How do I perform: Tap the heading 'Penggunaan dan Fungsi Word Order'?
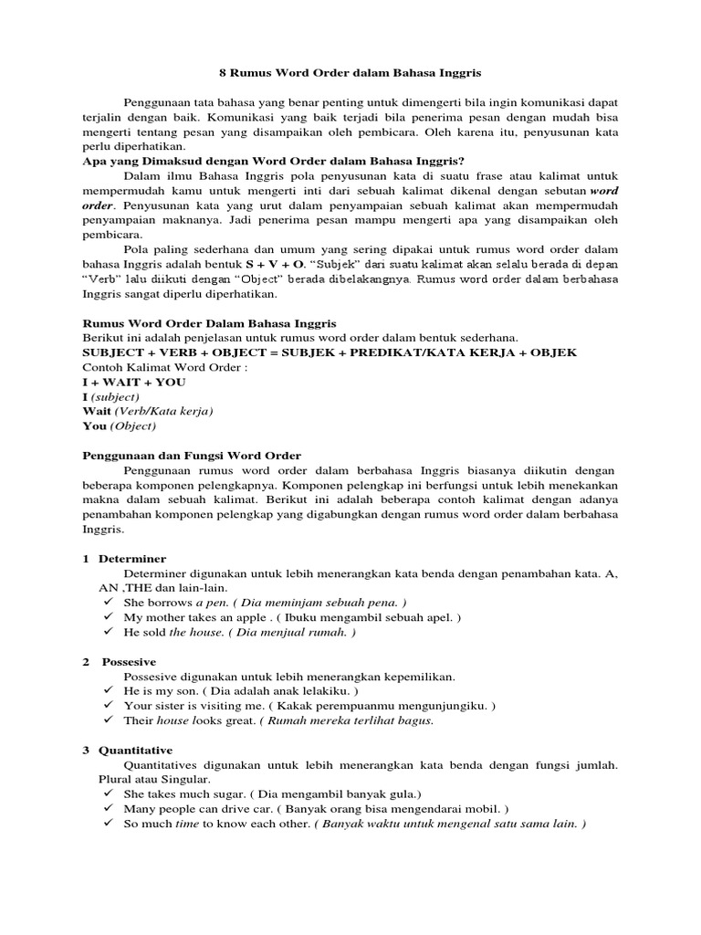(192, 456)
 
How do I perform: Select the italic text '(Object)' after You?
(133, 426)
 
